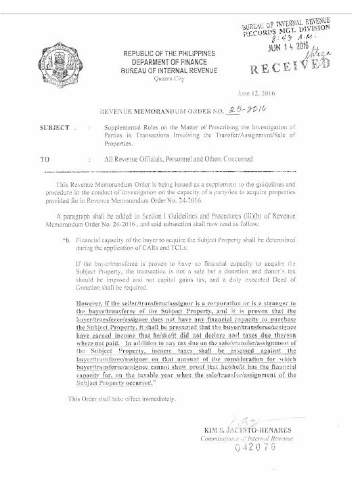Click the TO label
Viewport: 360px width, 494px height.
(48, 159)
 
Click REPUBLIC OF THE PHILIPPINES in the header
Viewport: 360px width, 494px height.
(168, 53)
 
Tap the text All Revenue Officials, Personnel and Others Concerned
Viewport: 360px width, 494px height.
(179, 159)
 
